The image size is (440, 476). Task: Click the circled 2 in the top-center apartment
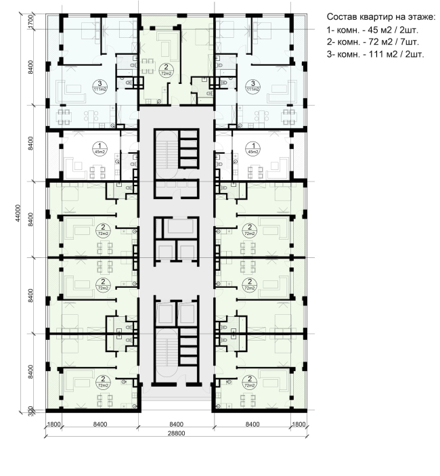click(x=167, y=67)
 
